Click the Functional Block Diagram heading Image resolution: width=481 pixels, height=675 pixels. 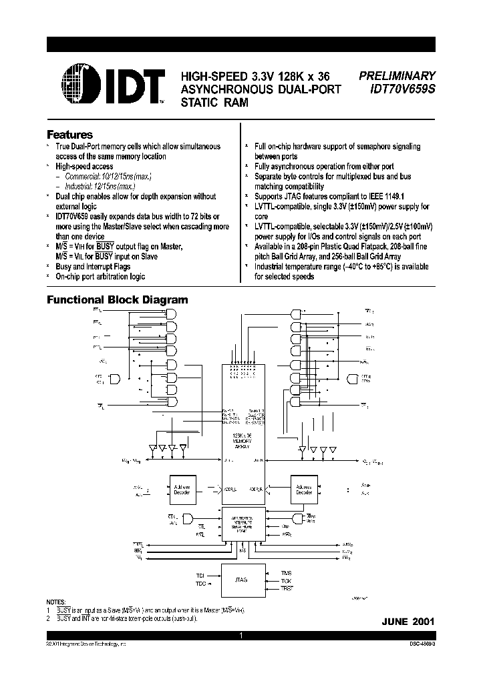coord(117,300)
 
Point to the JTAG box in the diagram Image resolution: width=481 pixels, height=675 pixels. coord(241,580)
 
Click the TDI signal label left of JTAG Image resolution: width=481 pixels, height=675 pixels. coord(200,574)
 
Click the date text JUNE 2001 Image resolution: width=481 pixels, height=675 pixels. coord(408,621)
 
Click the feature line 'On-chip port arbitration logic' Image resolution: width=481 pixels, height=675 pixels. coord(100,276)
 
